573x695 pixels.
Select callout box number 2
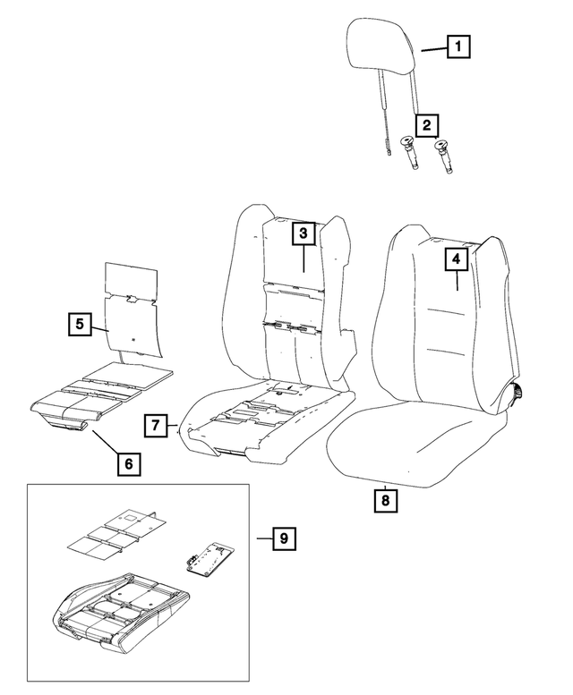(x=427, y=124)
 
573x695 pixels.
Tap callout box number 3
(x=304, y=234)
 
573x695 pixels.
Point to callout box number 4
(x=457, y=259)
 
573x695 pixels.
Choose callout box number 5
(x=80, y=324)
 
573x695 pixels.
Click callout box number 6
(x=127, y=462)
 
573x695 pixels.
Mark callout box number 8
(x=385, y=500)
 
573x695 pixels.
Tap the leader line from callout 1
(x=433, y=50)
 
